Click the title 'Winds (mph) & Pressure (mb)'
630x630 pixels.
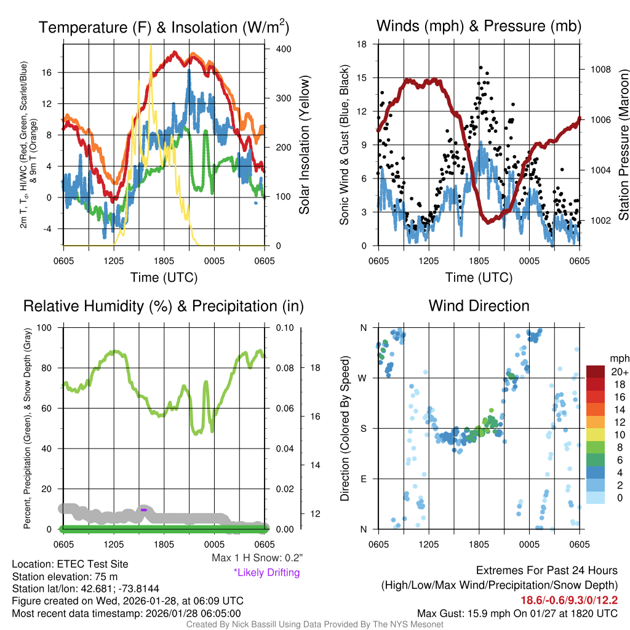point(479,26)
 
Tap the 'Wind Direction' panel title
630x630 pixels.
point(479,306)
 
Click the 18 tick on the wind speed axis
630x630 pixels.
point(362,44)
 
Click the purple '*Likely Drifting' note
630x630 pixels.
point(266,573)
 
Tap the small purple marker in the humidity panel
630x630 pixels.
point(143,509)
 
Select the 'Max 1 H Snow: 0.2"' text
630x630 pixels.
point(257,558)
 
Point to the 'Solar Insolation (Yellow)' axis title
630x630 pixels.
point(305,145)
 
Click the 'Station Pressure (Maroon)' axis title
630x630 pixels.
point(623,145)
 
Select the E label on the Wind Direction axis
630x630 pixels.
point(363,479)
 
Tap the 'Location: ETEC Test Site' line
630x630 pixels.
point(70,564)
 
